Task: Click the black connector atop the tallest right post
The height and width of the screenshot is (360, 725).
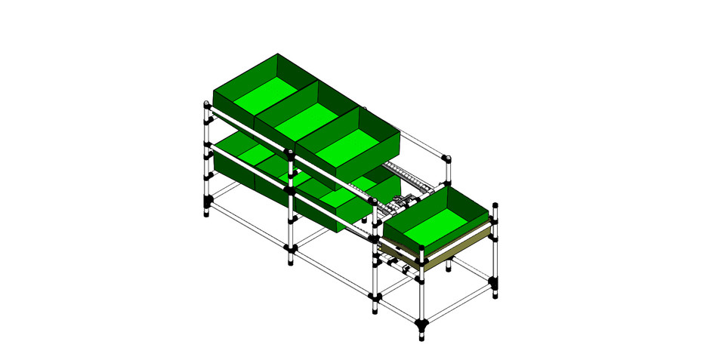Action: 446,158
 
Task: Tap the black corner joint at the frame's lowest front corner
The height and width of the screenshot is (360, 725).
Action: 421,325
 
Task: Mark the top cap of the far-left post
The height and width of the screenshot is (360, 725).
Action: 206,104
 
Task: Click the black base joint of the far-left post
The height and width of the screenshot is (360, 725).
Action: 207,202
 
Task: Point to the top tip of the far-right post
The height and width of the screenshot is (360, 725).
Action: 495,205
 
